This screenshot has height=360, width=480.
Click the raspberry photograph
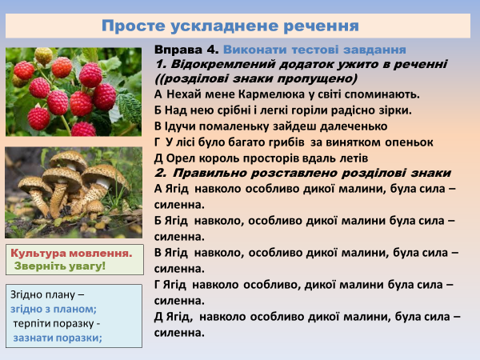click(x=74, y=92)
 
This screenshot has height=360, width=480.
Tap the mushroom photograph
click(x=74, y=191)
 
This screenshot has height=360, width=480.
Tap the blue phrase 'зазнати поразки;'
click(x=58, y=338)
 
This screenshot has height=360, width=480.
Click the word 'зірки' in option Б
click(x=393, y=110)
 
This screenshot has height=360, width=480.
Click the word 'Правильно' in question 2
click(x=211, y=173)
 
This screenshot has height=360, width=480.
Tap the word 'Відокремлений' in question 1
click(x=213, y=64)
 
